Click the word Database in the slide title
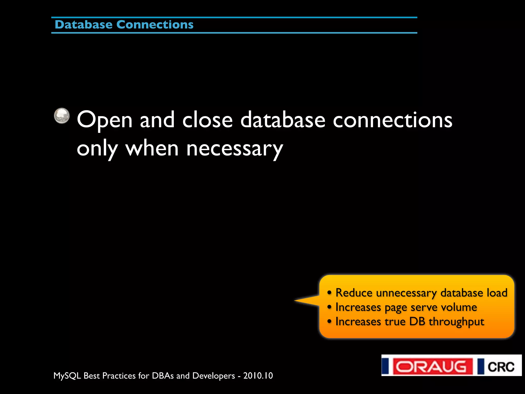coord(83,25)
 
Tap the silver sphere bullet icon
coord(62,116)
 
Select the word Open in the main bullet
coord(105,120)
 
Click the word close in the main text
coord(207,120)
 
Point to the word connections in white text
coord(392,120)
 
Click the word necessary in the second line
coord(234,149)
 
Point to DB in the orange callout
coord(417,322)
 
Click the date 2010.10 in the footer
coord(258,376)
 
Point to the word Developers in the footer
coord(214,376)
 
